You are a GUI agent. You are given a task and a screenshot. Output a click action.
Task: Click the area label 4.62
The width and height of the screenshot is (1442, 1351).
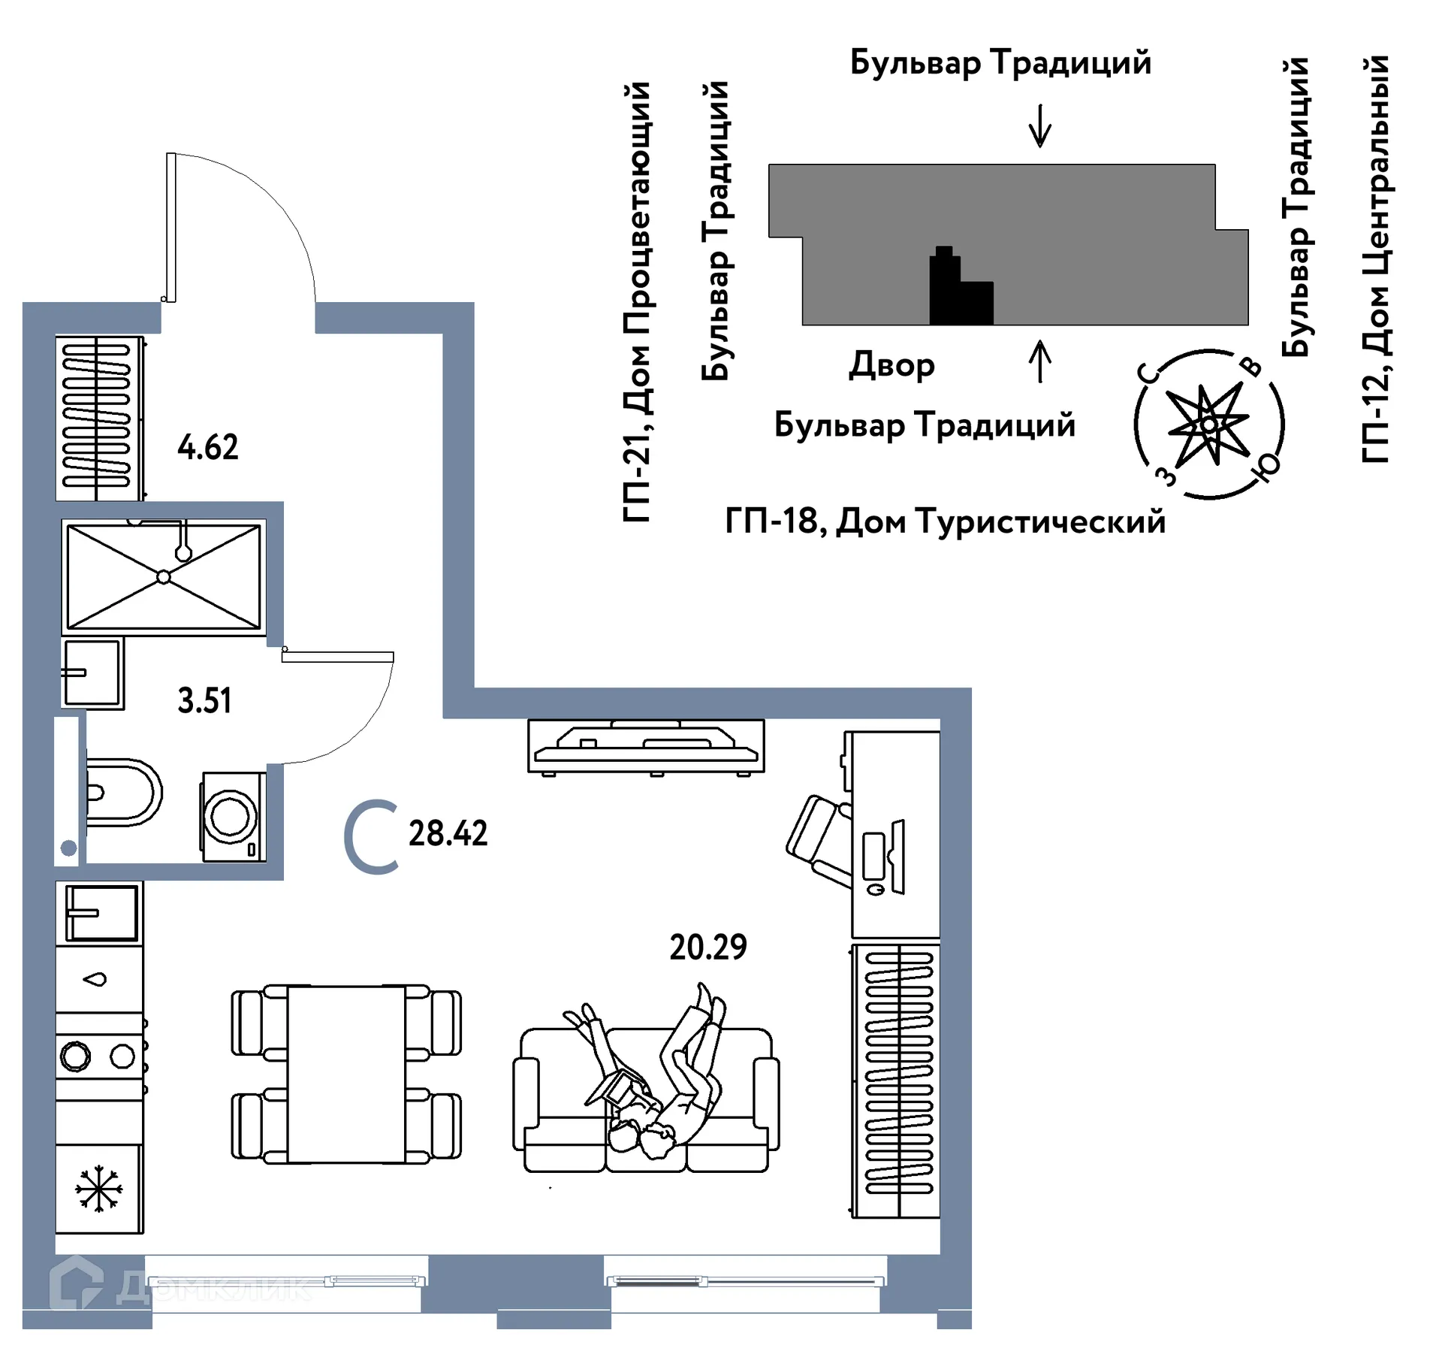[x=207, y=448]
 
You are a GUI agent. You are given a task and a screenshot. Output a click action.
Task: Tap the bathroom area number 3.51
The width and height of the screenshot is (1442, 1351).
[x=204, y=701]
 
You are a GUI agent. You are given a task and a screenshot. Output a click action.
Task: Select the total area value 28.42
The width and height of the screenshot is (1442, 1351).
[x=448, y=833]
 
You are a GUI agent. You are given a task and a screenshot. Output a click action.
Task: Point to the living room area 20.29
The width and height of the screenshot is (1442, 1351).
[x=707, y=948]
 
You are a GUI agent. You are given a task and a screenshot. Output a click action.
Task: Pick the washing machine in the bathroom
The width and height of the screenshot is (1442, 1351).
[x=232, y=817]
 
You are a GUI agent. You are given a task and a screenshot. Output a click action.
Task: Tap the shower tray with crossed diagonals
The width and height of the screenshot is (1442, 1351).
[x=164, y=577]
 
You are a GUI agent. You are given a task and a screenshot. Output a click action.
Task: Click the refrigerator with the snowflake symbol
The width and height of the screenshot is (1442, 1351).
[x=98, y=1189]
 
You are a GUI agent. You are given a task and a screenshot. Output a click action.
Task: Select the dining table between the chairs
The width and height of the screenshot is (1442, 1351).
[x=346, y=1074]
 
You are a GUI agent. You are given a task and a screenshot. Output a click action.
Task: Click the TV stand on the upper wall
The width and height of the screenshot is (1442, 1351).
[x=646, y=746]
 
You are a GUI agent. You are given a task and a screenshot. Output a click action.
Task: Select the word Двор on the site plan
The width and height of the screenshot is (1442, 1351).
[x=891, y=365]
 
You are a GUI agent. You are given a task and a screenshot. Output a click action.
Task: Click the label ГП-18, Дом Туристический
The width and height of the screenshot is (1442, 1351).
[x=945, y=521]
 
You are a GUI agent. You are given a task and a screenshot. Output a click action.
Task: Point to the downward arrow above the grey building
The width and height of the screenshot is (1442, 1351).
[x=1039, y=126]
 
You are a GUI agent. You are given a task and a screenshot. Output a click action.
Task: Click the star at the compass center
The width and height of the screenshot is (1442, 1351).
[x=1208, y=425]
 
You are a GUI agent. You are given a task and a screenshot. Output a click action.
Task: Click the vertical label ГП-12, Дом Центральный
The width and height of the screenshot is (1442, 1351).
[x=1375, y=259]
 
